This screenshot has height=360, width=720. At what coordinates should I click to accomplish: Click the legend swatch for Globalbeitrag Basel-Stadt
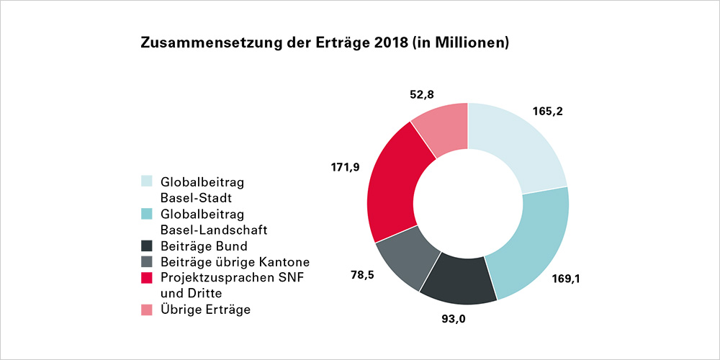pos(147,181)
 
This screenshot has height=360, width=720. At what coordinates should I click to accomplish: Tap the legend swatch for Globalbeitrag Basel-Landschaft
pos(147,214)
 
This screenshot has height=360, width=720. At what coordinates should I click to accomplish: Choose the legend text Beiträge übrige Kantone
pos(235,261)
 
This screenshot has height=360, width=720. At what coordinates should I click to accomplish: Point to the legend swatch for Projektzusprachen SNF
pos(147,276)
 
